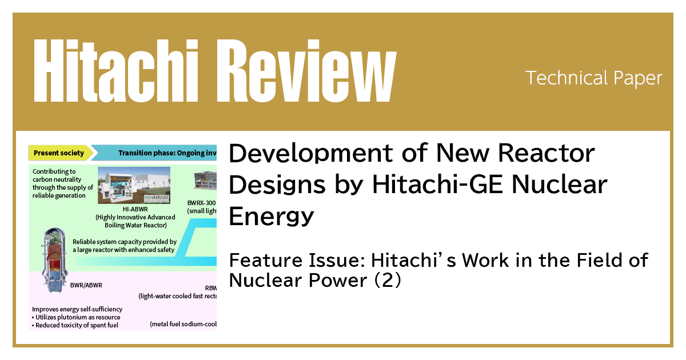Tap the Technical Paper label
click(x=593, y=78)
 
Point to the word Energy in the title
click(x=272, y=216)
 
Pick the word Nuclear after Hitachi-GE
click(x=557, y=185)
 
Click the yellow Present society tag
click(x=59, y=153)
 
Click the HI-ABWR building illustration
click(x=134, y=185)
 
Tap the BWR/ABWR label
click(x=86, y=286)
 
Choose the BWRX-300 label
click(x=202, y=203)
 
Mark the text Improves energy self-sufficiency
click(x=77, y=309)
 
